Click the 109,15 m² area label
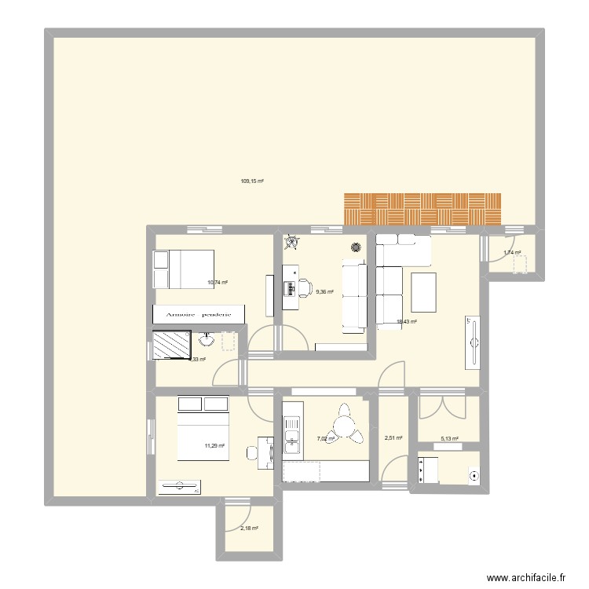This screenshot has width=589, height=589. [x=251, y=181]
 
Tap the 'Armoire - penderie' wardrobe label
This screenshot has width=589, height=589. [x=198, y=314]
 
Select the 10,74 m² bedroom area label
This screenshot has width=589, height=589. [x=217, y=283]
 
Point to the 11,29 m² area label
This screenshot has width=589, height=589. [x=214, y=446]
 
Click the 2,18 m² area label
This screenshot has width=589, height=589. [x=249, y=529]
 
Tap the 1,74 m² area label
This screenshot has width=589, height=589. [x=512, y=253]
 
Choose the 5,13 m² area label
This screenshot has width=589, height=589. [x=449, y=440]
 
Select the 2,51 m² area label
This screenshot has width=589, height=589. [x=393, y=438]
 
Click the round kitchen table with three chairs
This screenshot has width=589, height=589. [x=345, y=426]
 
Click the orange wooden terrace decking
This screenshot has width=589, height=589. [x=422, y=208]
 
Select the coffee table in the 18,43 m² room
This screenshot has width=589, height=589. [x=423, y=290]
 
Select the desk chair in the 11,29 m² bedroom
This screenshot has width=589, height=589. [x=253, y=453]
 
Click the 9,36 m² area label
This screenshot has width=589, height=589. [x=324, y=291]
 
